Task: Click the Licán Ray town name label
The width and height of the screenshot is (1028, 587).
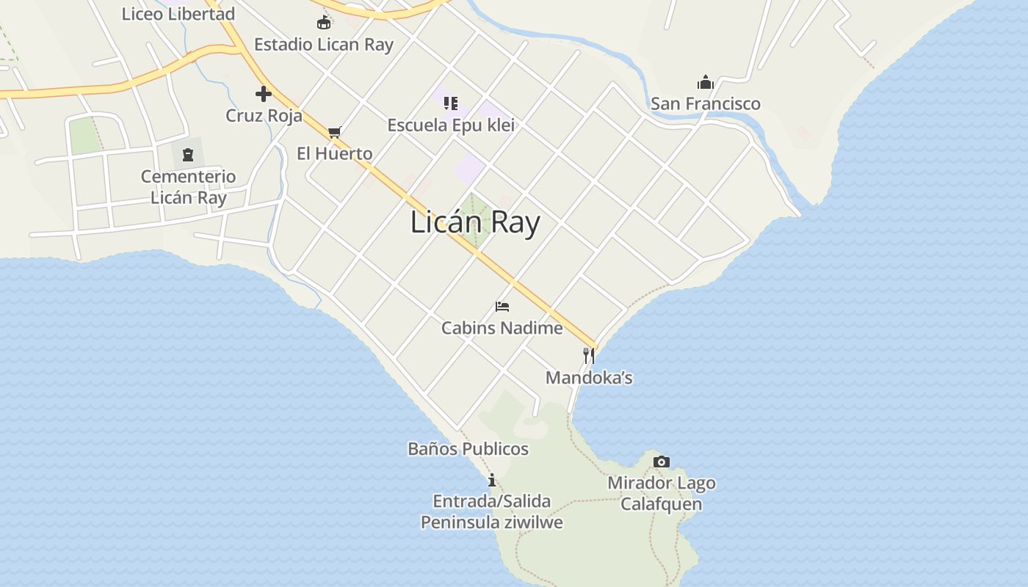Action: coord(475,222)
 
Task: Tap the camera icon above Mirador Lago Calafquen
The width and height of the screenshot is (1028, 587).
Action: coord(662,462)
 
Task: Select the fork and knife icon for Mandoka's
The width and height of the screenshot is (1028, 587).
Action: coord(588,356)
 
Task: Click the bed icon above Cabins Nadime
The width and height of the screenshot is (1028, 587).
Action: coord(502,306)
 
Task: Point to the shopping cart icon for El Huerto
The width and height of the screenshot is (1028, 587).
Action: coord(335,132)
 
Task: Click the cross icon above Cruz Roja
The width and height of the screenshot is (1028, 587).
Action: coord(264,94)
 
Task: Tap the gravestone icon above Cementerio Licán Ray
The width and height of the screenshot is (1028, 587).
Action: coord(188,155)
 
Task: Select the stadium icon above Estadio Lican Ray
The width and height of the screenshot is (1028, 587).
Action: coord(324,23)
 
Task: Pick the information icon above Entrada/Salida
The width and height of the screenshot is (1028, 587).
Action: coord(492,480)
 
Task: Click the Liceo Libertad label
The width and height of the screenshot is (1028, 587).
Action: coord(178,14)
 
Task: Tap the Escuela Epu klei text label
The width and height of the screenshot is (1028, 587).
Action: coord(451,125)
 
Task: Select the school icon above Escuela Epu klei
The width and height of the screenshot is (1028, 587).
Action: coord(451,103)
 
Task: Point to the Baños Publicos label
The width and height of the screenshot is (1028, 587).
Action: coord(468,449)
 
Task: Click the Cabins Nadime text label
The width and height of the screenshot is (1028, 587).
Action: coord(502,328)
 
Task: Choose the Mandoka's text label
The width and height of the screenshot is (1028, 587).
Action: coord(589,378)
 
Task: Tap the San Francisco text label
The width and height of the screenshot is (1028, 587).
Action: coord(706,103)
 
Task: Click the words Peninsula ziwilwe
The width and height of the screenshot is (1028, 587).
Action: coord(492,522)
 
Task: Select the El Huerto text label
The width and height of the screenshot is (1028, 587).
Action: coord(335,153)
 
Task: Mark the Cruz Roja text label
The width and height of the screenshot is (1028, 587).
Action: coord(264,116)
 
